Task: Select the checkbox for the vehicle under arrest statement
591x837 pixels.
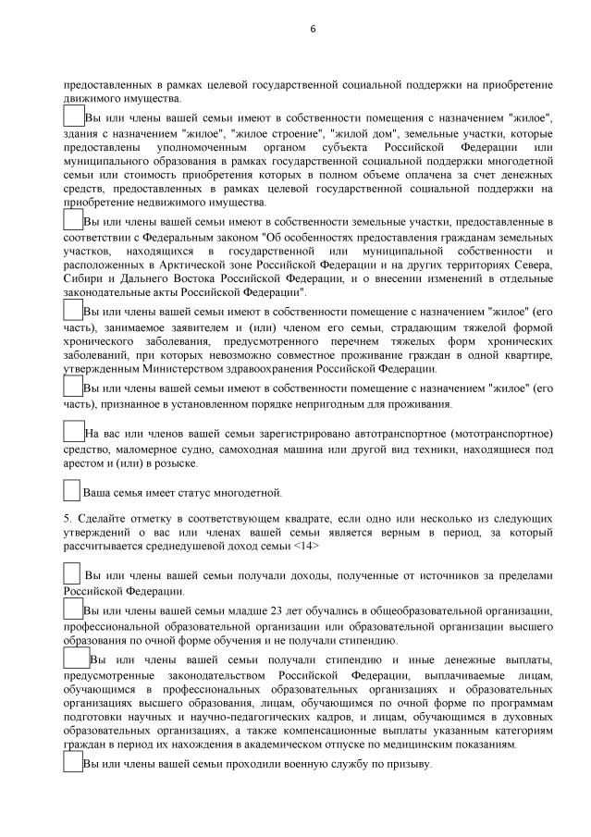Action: pyautogui.click(x=73, y=430)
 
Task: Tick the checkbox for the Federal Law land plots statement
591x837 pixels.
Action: pyautogui.click(x=73, y=219)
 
